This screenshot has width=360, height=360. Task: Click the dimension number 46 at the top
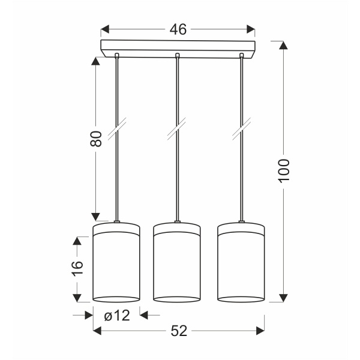coord(178,29)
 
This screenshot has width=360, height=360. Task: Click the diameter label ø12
coord(117,315)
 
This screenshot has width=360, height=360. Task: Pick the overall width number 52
coord(178,331)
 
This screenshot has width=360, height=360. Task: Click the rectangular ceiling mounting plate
coord(178,48)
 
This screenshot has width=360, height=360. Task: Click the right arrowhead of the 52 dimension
coord(260,331)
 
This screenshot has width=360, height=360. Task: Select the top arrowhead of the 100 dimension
coord(284,46)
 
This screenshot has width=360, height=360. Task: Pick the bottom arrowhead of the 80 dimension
coord(95,215)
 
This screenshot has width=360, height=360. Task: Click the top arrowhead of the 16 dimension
coord(77,239)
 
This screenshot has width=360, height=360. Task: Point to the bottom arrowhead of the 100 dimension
coord(284,298)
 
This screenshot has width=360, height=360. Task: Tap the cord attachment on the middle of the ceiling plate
coord(177,57)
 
